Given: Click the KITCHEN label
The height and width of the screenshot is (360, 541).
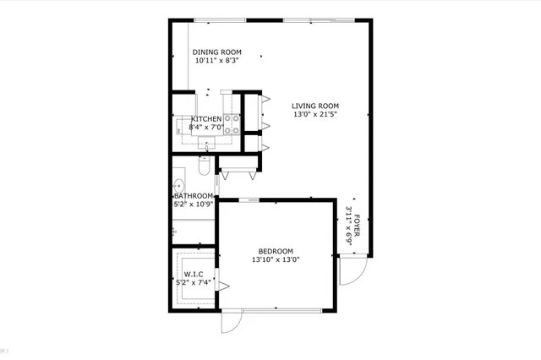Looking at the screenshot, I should pos(206,119).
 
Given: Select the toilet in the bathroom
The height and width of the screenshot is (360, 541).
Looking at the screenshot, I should pos(203,168).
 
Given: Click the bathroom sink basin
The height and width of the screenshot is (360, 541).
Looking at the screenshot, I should pos(180,184).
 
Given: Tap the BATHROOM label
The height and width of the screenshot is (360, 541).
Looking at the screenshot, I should pos(194,196).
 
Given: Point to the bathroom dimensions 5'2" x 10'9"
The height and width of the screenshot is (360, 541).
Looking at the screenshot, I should pos(194,205).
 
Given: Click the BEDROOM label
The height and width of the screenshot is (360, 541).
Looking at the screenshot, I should pos(276,251).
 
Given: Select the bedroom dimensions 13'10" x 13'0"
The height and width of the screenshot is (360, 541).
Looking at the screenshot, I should pos(276,260).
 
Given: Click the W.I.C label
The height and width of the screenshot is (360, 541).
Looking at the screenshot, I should pos(194,274).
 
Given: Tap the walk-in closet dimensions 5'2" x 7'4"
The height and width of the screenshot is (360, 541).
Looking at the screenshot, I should pos(194,282).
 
